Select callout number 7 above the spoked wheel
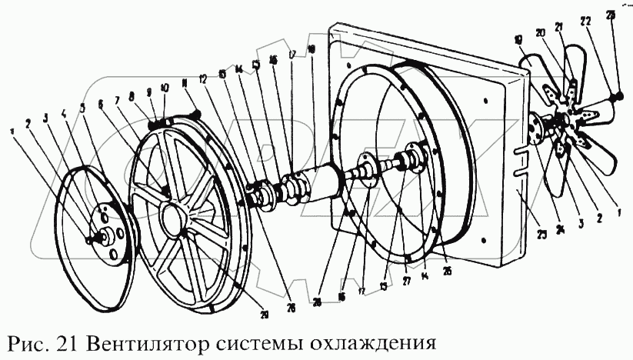click(118, 99)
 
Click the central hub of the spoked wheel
click(172, 218)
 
